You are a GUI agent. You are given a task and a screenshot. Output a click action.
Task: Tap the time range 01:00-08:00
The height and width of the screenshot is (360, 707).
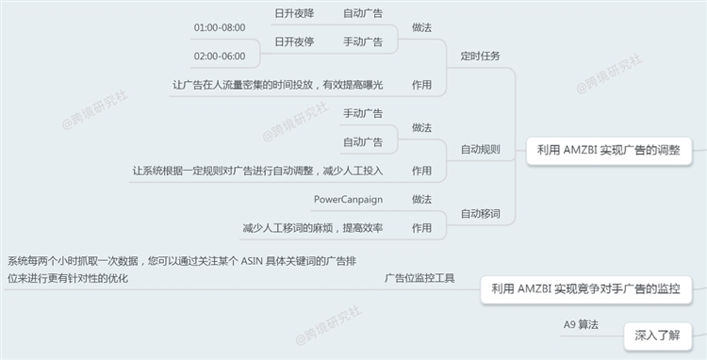(219, 27)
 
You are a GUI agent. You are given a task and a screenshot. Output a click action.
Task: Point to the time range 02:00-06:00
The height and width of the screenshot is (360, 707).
(219, 56)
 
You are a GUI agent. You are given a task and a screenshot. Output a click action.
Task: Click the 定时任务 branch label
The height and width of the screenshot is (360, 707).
(480, 56)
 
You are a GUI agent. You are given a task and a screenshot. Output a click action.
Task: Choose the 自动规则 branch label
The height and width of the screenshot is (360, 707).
(480, 149)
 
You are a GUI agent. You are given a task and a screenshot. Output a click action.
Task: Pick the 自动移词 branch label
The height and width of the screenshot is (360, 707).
(480, 214)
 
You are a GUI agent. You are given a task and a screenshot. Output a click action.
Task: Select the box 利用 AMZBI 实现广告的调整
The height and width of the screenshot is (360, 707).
(608, 149)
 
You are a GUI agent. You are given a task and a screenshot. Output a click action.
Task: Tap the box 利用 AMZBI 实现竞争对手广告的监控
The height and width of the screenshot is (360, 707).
(585, 288)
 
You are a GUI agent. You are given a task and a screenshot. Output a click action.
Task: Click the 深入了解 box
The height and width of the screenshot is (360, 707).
(657, 334)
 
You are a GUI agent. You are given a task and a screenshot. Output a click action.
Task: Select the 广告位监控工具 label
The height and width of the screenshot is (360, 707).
(419, 278)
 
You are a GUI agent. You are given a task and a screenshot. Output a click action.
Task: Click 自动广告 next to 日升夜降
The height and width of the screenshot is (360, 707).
(362, 13)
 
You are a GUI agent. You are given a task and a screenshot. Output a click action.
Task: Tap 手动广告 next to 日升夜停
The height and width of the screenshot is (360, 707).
(362, 41)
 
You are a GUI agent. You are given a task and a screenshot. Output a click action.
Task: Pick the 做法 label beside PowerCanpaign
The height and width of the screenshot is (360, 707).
(422, 199)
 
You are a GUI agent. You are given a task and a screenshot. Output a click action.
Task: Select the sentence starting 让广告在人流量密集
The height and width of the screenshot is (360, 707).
(278, 85)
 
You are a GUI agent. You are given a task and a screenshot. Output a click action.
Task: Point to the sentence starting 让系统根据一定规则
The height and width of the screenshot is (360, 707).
(257, 171)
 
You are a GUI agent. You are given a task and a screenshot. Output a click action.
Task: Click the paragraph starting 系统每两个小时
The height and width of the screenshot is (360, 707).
(180, 269)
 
